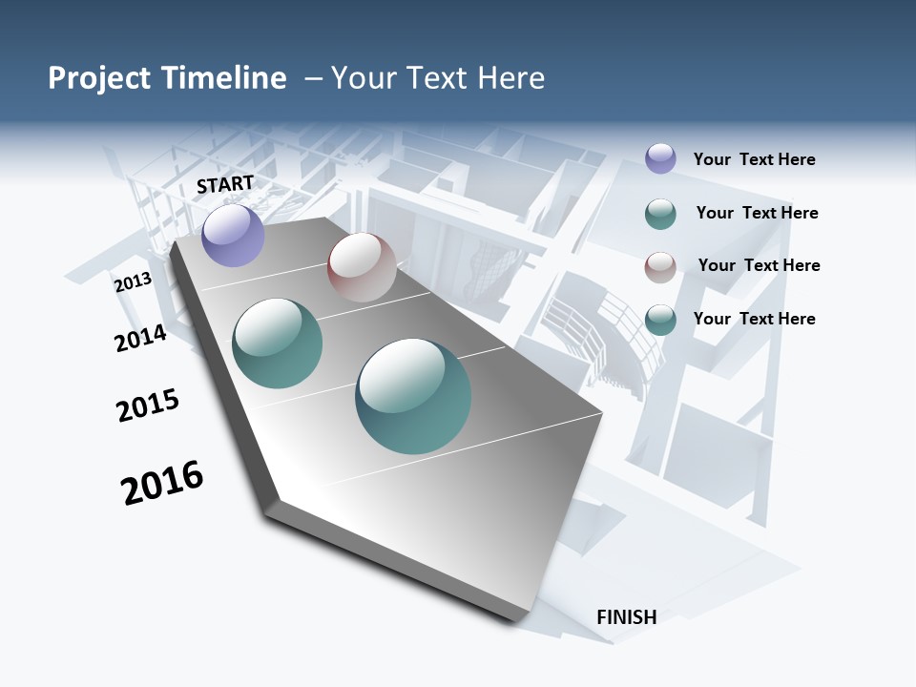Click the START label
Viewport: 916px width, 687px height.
click(225, 184)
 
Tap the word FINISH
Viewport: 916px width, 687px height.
click(627, 617)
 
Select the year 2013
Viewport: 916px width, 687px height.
click(133, 282)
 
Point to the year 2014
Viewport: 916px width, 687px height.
click(140, 338)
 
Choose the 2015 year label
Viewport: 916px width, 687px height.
click(148, 405)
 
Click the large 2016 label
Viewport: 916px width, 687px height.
click(162, 483)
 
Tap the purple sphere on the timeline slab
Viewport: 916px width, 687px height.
click(233, 235)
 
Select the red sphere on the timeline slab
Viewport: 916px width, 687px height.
click(362, 267)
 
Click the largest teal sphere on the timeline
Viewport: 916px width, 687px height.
click(413, 396)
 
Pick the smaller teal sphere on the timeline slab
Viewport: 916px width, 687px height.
click(277, 343)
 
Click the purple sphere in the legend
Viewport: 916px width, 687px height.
click(660, 158)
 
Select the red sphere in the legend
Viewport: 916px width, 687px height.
click(660, 267)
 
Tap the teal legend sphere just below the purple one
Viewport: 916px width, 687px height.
click(660, 214)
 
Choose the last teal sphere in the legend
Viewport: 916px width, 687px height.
click(660, 320)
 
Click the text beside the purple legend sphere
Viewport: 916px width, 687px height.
click(754, 159)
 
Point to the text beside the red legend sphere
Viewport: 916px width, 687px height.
click(759, 265)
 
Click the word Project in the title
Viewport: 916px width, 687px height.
click(98, 78)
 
